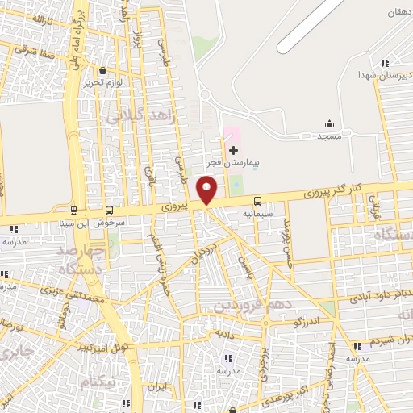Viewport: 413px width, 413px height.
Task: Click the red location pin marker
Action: tap(207, 190)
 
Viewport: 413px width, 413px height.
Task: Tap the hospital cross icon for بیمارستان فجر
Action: tap(234, 150)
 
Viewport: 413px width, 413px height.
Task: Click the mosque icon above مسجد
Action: tap(329, 123)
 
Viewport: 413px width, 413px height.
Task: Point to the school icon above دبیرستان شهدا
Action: tap(385, 63)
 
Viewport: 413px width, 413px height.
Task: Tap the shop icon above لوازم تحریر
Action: tap(102, 70)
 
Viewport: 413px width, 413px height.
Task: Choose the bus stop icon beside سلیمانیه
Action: tap(257, 200)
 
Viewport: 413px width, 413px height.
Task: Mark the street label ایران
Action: tap(158, 388)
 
